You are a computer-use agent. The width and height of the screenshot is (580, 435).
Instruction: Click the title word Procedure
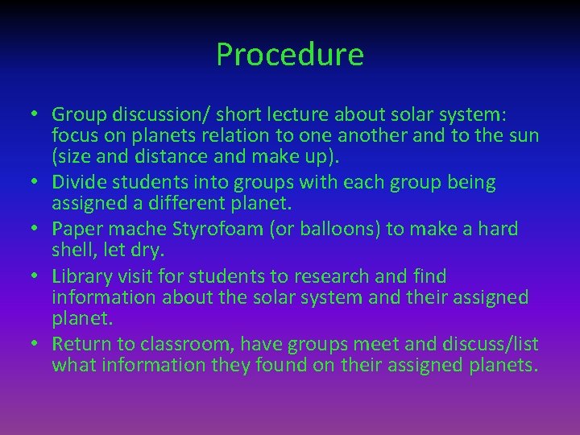pos(290,55)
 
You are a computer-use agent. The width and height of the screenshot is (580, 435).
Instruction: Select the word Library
pos(81,277)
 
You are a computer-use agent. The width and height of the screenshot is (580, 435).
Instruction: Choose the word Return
pos(81,344)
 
